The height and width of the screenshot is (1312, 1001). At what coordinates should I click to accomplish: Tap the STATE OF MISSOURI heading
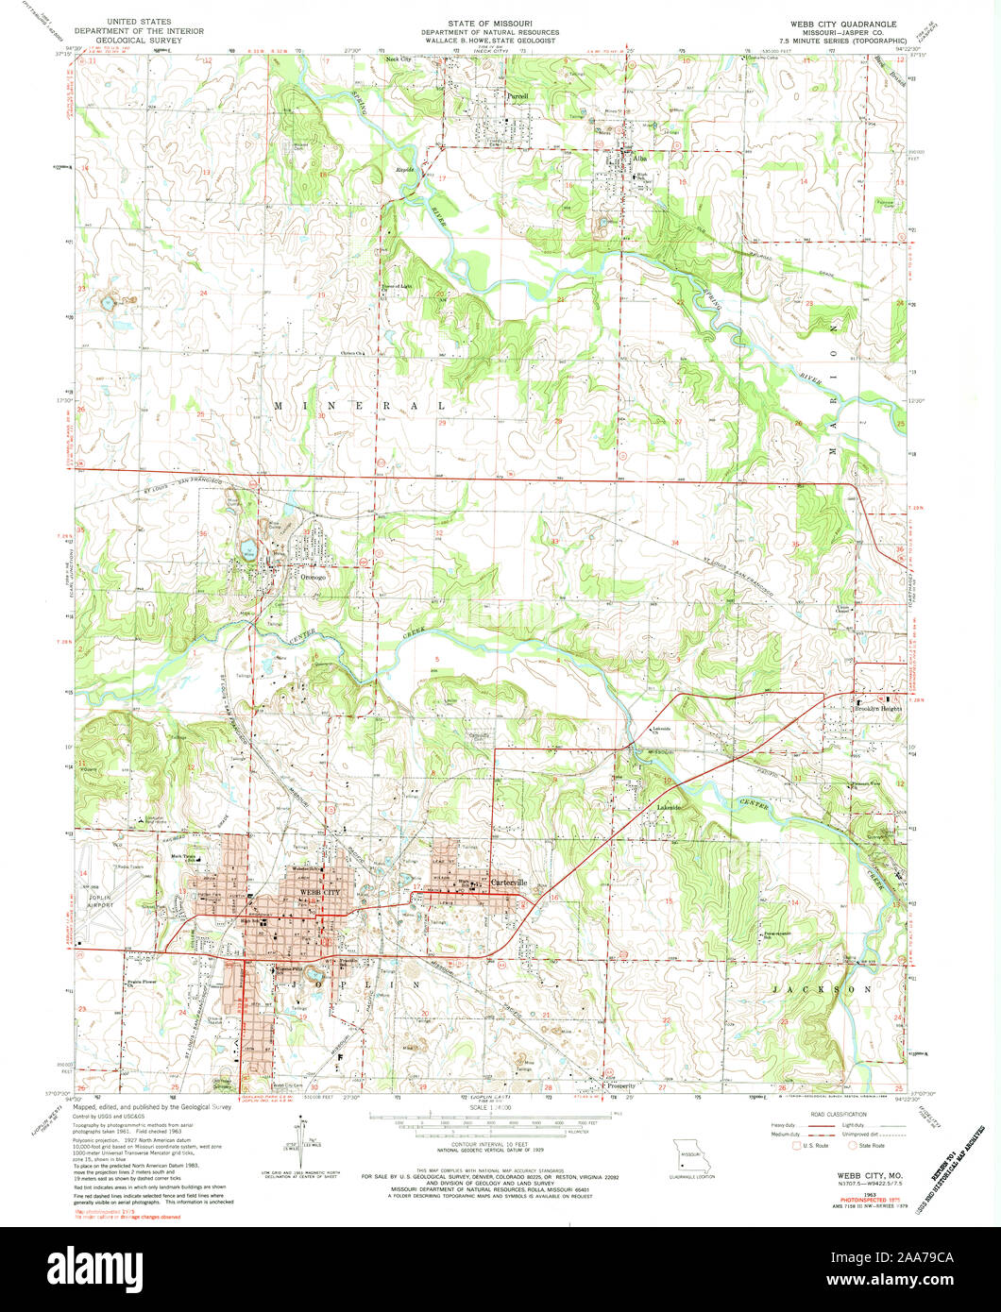[500, 18]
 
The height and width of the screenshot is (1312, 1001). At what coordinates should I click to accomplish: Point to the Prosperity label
[621, 1085]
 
